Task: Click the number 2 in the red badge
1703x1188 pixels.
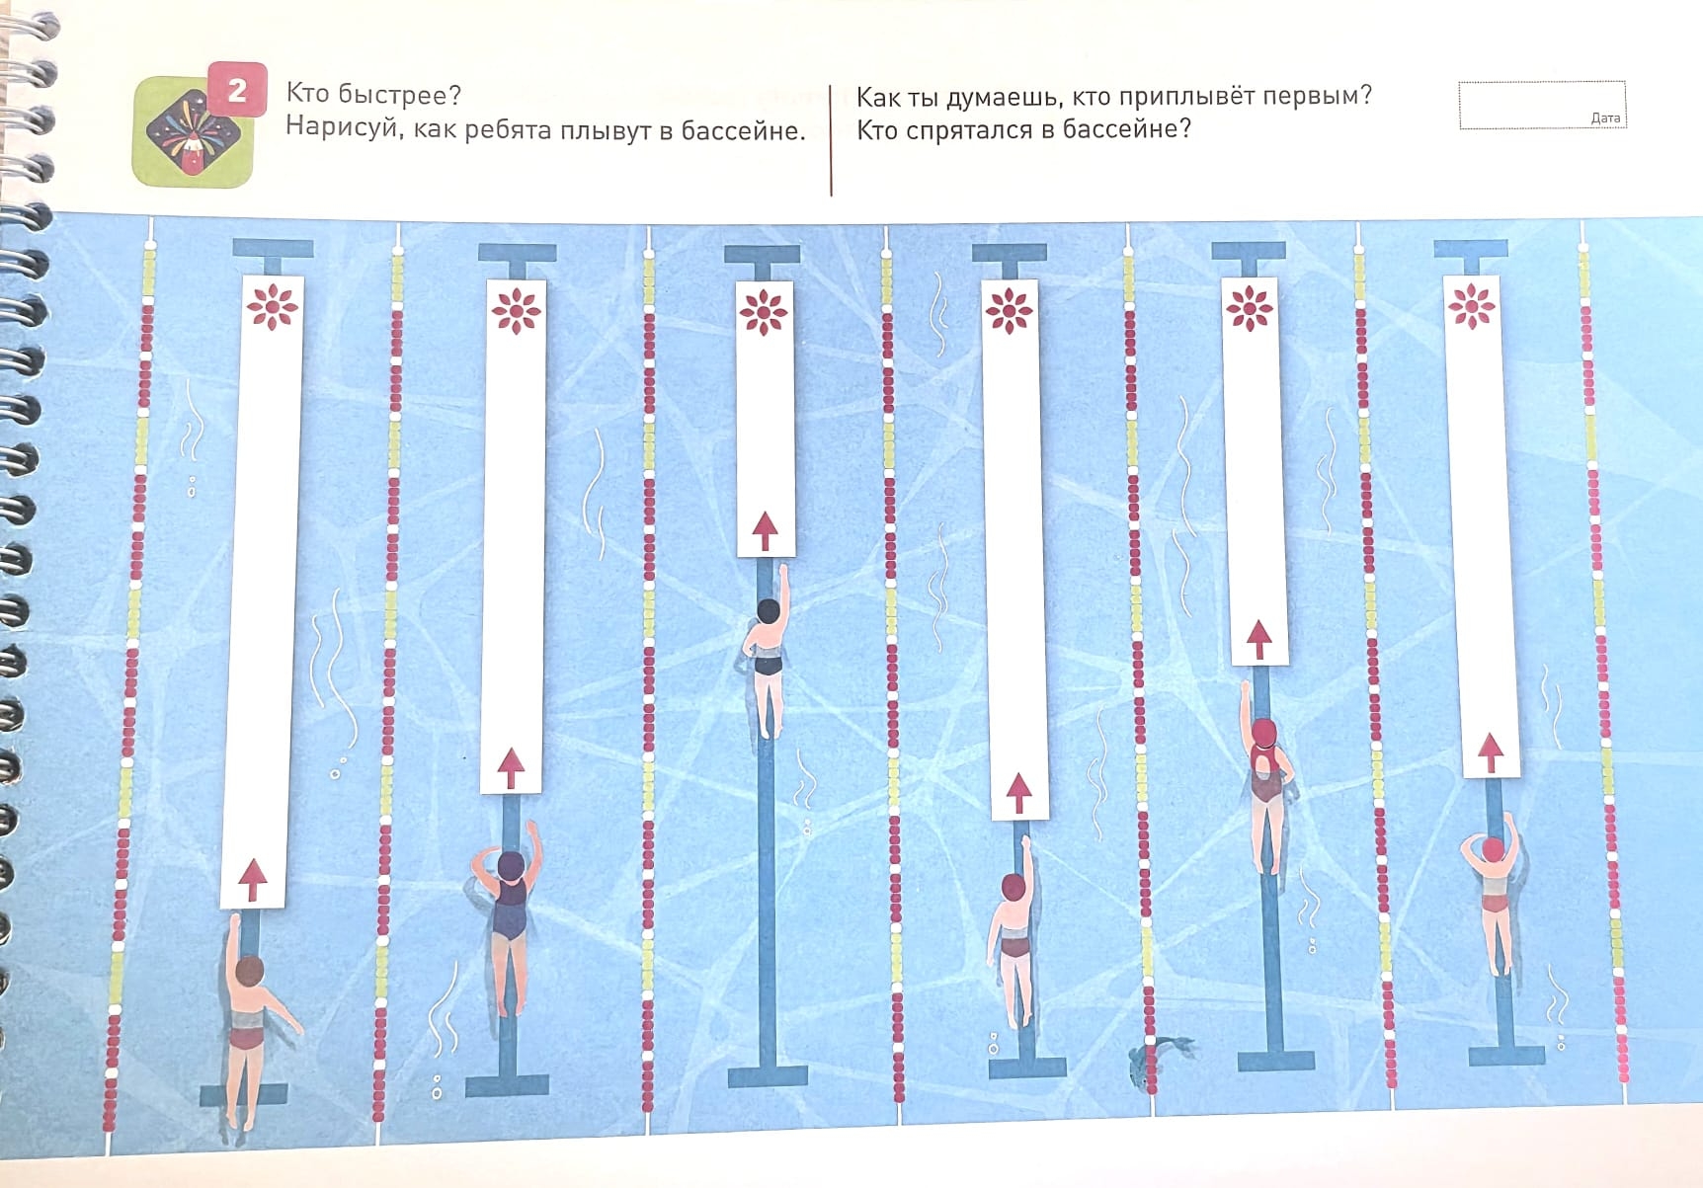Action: coord(237,91)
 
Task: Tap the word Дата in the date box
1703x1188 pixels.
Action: coord(1605,118)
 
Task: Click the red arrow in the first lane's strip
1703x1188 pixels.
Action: coord(253,878)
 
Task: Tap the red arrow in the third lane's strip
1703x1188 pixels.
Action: coord(765,530)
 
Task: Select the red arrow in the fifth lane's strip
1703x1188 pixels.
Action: coord(1257,639)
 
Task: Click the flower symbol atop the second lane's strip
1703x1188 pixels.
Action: coord(516,311)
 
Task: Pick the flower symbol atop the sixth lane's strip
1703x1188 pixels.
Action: coord(1472,305)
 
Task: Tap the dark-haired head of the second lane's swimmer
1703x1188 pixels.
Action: coord(511,866)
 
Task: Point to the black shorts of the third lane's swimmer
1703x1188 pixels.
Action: coord(768,663)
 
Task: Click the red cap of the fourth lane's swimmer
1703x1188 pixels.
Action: coord(1014,886)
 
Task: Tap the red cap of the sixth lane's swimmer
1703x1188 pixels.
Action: coord(1493,849)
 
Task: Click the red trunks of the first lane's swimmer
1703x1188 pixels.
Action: coord(246,1038)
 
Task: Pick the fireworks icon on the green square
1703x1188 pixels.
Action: coord(193,132)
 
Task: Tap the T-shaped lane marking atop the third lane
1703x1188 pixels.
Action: coord(762,260)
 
